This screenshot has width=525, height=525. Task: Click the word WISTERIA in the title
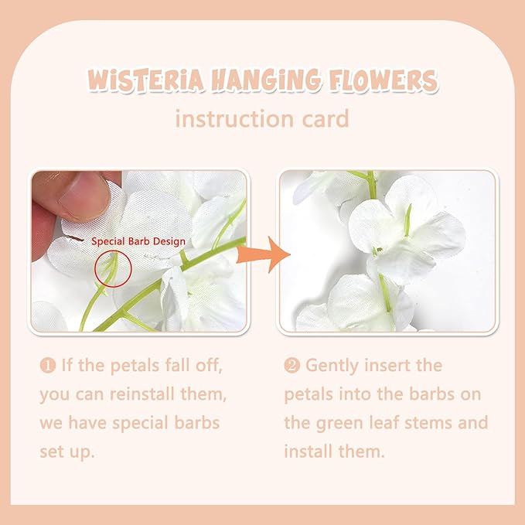click(146, 80)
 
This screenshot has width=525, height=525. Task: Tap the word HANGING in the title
click(266, 80)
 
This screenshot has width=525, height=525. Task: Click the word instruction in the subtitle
click(234, 118)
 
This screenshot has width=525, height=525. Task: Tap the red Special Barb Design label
click(138, 242)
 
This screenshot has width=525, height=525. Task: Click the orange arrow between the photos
click(263, 254)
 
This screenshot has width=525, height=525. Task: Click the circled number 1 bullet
click(47, 365)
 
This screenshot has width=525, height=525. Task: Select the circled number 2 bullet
click(291, 365)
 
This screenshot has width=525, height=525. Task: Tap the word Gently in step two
click(332, 366)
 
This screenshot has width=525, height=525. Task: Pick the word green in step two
click(339, 424)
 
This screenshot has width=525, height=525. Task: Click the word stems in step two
click(428, 423)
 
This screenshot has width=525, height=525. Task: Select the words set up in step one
click(67, 452)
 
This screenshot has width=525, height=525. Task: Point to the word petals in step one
click(135, 366)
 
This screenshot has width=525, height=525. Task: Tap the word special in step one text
click(140, 424)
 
